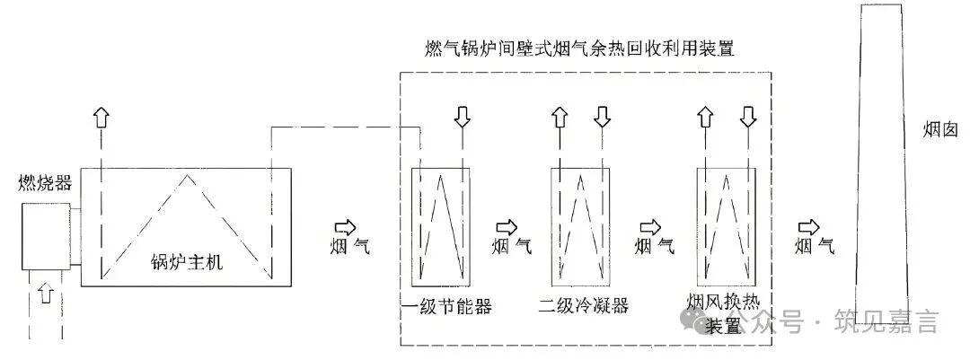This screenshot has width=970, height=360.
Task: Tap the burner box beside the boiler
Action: point(46,235)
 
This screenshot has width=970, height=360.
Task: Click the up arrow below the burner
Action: point(48,293)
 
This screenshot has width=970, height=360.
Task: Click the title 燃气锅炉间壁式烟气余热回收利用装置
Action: point(586,47)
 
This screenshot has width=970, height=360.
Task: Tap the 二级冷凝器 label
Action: point(584,306)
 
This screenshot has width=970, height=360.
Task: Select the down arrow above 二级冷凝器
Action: point(602,117)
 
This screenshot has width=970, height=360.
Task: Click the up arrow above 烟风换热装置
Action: point(705,117)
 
